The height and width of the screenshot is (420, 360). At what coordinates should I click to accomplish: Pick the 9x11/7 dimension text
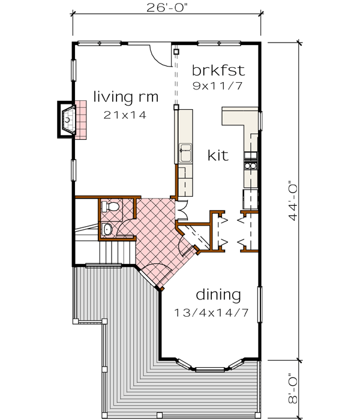pos(218,85)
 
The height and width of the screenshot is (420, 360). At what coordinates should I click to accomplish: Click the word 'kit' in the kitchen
pos(218,155)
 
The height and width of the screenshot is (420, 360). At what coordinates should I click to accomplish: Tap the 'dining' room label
pos(218,295)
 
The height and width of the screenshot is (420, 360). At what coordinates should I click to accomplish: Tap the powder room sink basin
pos(106,228)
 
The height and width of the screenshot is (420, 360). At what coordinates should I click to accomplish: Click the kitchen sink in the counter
pos(185,152)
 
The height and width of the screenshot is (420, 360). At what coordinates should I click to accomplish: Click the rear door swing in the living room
pos(161,55)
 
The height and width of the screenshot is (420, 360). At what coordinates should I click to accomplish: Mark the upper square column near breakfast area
pos(176,52)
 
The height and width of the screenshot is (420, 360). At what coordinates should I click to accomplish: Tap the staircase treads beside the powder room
pos(118,249)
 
